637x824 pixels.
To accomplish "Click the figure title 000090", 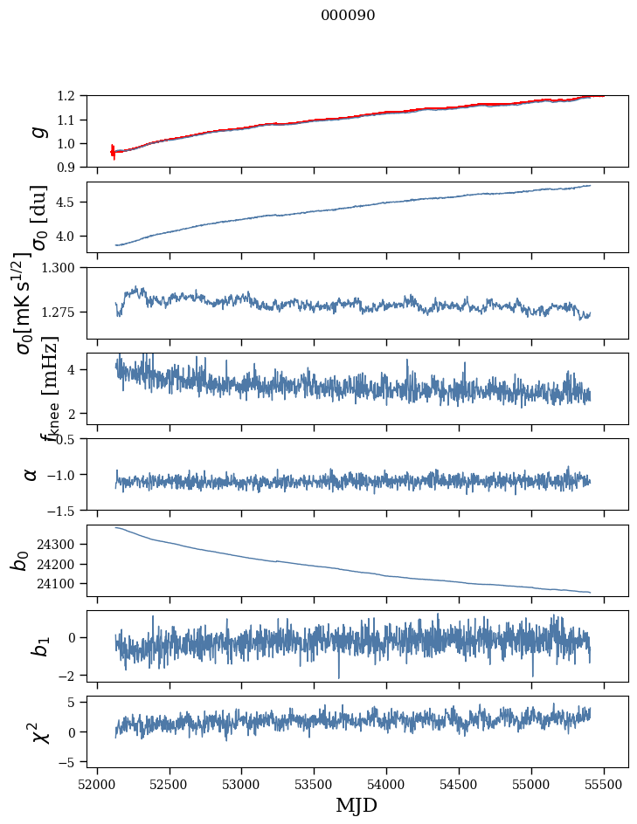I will (348, 16).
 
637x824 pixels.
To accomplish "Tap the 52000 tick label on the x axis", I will (97, 784).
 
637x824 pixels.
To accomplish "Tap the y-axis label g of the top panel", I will (37, 132).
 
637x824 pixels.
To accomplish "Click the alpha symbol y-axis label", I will (31, 474).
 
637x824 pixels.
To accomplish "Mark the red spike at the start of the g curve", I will (113, 151).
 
